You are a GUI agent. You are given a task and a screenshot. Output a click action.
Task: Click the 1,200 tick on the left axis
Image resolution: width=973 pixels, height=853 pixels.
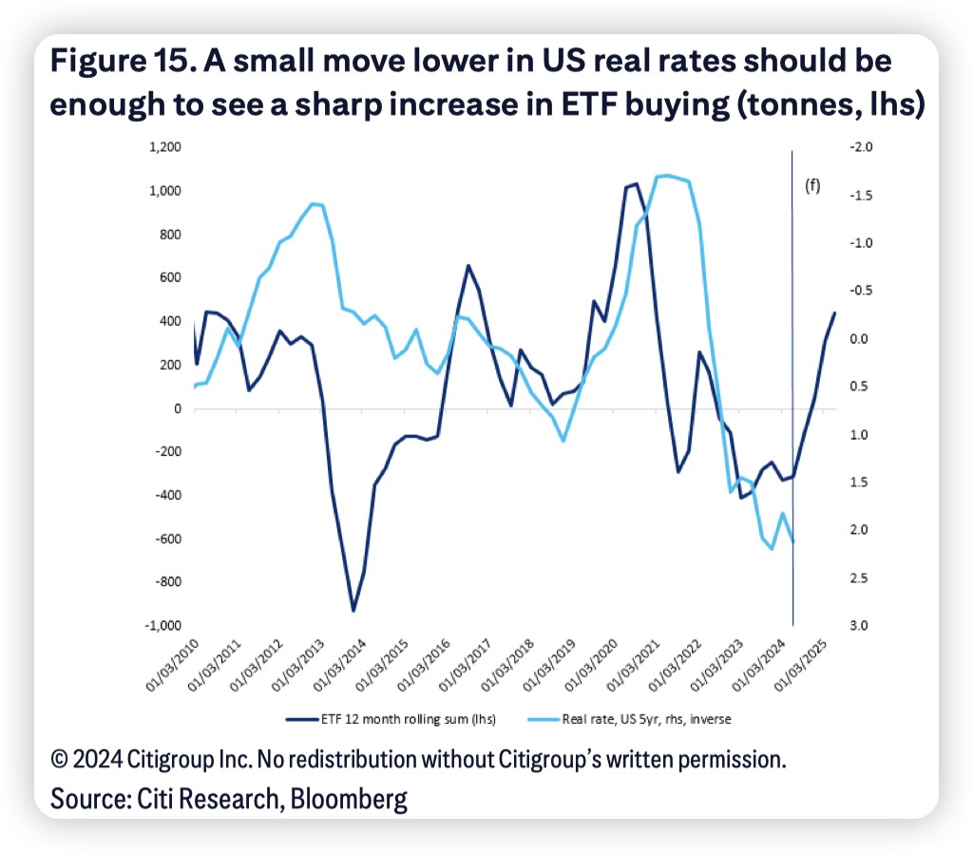coord(163,148)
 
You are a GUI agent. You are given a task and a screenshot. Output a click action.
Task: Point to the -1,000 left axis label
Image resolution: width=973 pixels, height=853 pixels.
coord(162,626)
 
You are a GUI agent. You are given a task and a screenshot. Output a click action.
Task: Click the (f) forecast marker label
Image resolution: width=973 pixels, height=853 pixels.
coord(812,186)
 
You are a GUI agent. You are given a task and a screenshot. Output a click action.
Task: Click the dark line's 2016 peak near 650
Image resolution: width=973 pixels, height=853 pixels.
coord(468,266)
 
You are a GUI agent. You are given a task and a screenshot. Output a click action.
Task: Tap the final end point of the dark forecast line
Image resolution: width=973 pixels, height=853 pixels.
coord(835,313)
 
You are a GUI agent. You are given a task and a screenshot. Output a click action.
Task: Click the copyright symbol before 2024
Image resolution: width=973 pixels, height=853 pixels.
coord(60,760)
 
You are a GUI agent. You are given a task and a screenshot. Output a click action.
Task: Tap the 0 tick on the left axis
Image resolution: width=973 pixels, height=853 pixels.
coord(176,408)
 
